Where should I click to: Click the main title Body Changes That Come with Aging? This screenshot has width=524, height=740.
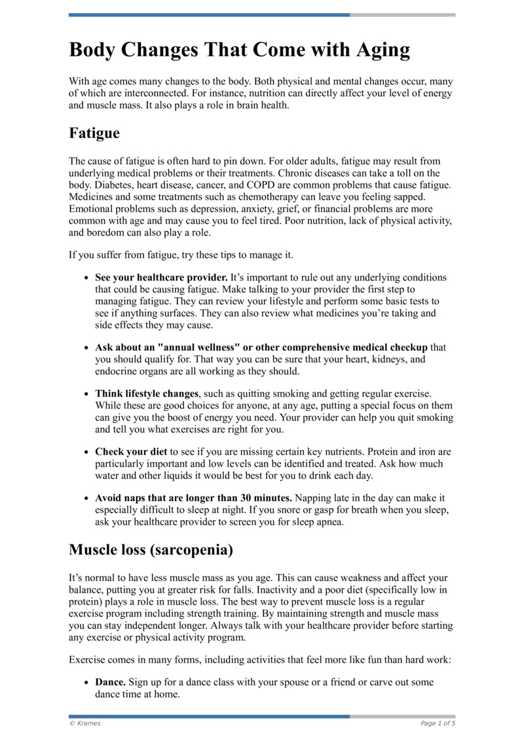pos(239,50)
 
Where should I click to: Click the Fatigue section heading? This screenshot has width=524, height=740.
pos(94,133)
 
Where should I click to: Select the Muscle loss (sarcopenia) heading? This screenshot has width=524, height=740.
pos(151,550)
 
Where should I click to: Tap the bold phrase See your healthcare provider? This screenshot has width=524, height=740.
pos(161,277)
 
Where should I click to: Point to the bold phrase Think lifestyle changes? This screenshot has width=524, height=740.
pos(147,394)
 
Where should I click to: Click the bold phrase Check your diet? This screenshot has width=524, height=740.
pos(131,452)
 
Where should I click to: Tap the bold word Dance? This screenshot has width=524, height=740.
pos(111,682)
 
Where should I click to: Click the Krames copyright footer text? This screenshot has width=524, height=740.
pos(85,723)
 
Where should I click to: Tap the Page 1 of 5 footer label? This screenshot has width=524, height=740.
pos(438,723)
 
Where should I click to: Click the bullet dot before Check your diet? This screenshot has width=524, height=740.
pos(86,452)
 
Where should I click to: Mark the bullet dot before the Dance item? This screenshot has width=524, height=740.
pos(86,682)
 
